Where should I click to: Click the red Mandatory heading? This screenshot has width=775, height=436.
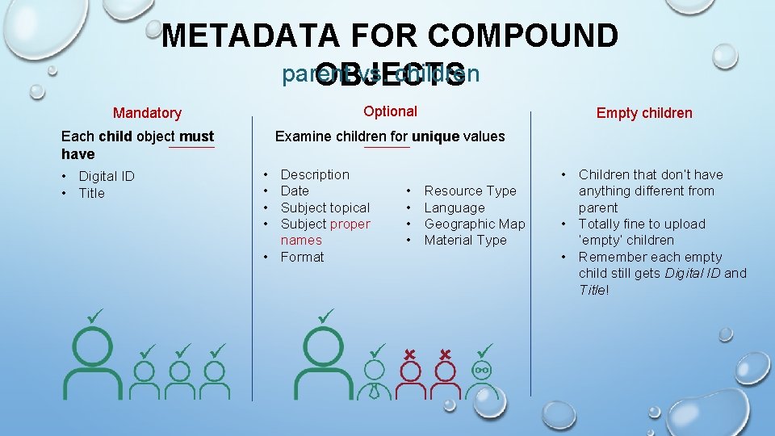click(x=147, y=113)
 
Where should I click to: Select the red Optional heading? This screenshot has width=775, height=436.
click(x=390, y=111)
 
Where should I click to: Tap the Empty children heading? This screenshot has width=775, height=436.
click(x=644, y=113)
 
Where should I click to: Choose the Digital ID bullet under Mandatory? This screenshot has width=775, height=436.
click(x=106, y=176)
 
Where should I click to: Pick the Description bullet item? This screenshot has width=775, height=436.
click(x=315, y=174)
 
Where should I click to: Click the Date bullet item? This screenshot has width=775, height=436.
click(x=295, y=191)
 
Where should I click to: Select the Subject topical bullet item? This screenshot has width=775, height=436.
click(x=325, y=208)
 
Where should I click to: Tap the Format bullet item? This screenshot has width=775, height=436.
click(x=302, y=257)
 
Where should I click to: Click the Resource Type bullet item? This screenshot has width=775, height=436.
click(x=470, y=191)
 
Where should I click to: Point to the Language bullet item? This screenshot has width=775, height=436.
click(x=455, y=208)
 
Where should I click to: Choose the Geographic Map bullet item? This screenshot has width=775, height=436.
click(x=475, y=224)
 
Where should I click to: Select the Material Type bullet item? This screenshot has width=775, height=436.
click(x=466, y=240)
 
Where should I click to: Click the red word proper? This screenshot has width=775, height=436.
click(x=349, y=224)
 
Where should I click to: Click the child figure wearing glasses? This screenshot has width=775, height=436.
click(x=482, y=379)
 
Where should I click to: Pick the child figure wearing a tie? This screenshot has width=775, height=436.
click(x=374, y=380)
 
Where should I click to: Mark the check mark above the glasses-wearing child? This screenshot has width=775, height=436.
click(x=484, y=350)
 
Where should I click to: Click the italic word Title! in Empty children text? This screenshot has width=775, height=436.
click(x=593, y=290)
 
